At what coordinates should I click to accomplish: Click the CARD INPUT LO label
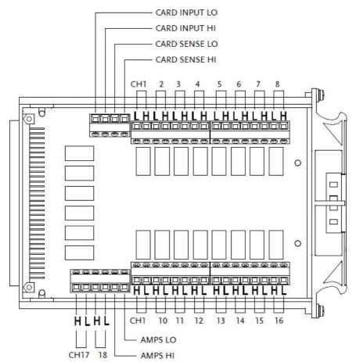pos(186,13)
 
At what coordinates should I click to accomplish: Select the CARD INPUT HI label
pos(185,28)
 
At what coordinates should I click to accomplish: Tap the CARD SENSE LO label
pos(186,44)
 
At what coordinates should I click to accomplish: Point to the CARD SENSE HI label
pos(185,59)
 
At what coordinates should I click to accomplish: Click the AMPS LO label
pos(158,340)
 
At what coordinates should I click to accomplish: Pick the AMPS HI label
pos(157,356)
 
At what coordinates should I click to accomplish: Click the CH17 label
pos(79,355)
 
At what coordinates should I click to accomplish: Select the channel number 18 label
pos(103,355)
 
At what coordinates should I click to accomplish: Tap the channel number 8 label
pos(277,84)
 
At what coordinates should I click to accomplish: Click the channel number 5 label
pos(219,84)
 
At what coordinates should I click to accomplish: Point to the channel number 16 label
pos(279,321)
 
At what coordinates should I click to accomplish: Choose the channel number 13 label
pos(221,321)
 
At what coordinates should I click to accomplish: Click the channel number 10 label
pos(163,321)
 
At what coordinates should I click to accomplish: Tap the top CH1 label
pos(139,84)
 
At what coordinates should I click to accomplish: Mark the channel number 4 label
pos(197,84)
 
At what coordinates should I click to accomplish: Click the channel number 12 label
pos(199,321)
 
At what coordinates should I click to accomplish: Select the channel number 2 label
pos(161,84)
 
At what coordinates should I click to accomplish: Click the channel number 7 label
pos(258,84)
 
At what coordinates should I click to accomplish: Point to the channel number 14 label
pos(240,321)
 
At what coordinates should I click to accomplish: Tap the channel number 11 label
pos(179,321)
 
